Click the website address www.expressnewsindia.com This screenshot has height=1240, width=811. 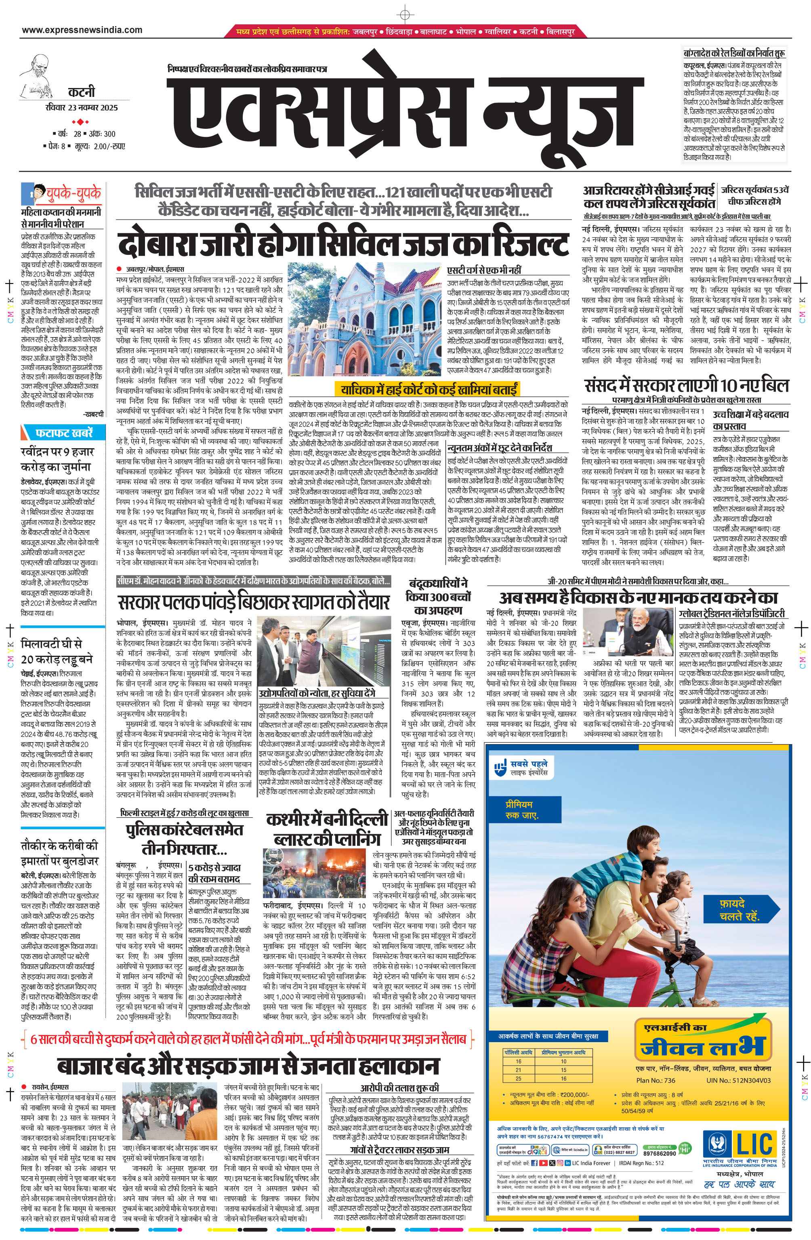82,30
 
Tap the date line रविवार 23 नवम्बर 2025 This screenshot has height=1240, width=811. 82,108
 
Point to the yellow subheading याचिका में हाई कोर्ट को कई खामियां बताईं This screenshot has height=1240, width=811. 427,389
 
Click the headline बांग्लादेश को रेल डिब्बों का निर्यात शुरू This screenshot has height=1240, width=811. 735,53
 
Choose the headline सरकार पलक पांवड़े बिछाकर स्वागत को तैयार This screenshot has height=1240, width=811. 254,603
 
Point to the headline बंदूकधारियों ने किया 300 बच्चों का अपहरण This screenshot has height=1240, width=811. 438,596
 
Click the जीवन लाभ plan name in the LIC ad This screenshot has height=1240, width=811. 702,1044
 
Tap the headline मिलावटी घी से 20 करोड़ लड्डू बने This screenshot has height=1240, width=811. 57,651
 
